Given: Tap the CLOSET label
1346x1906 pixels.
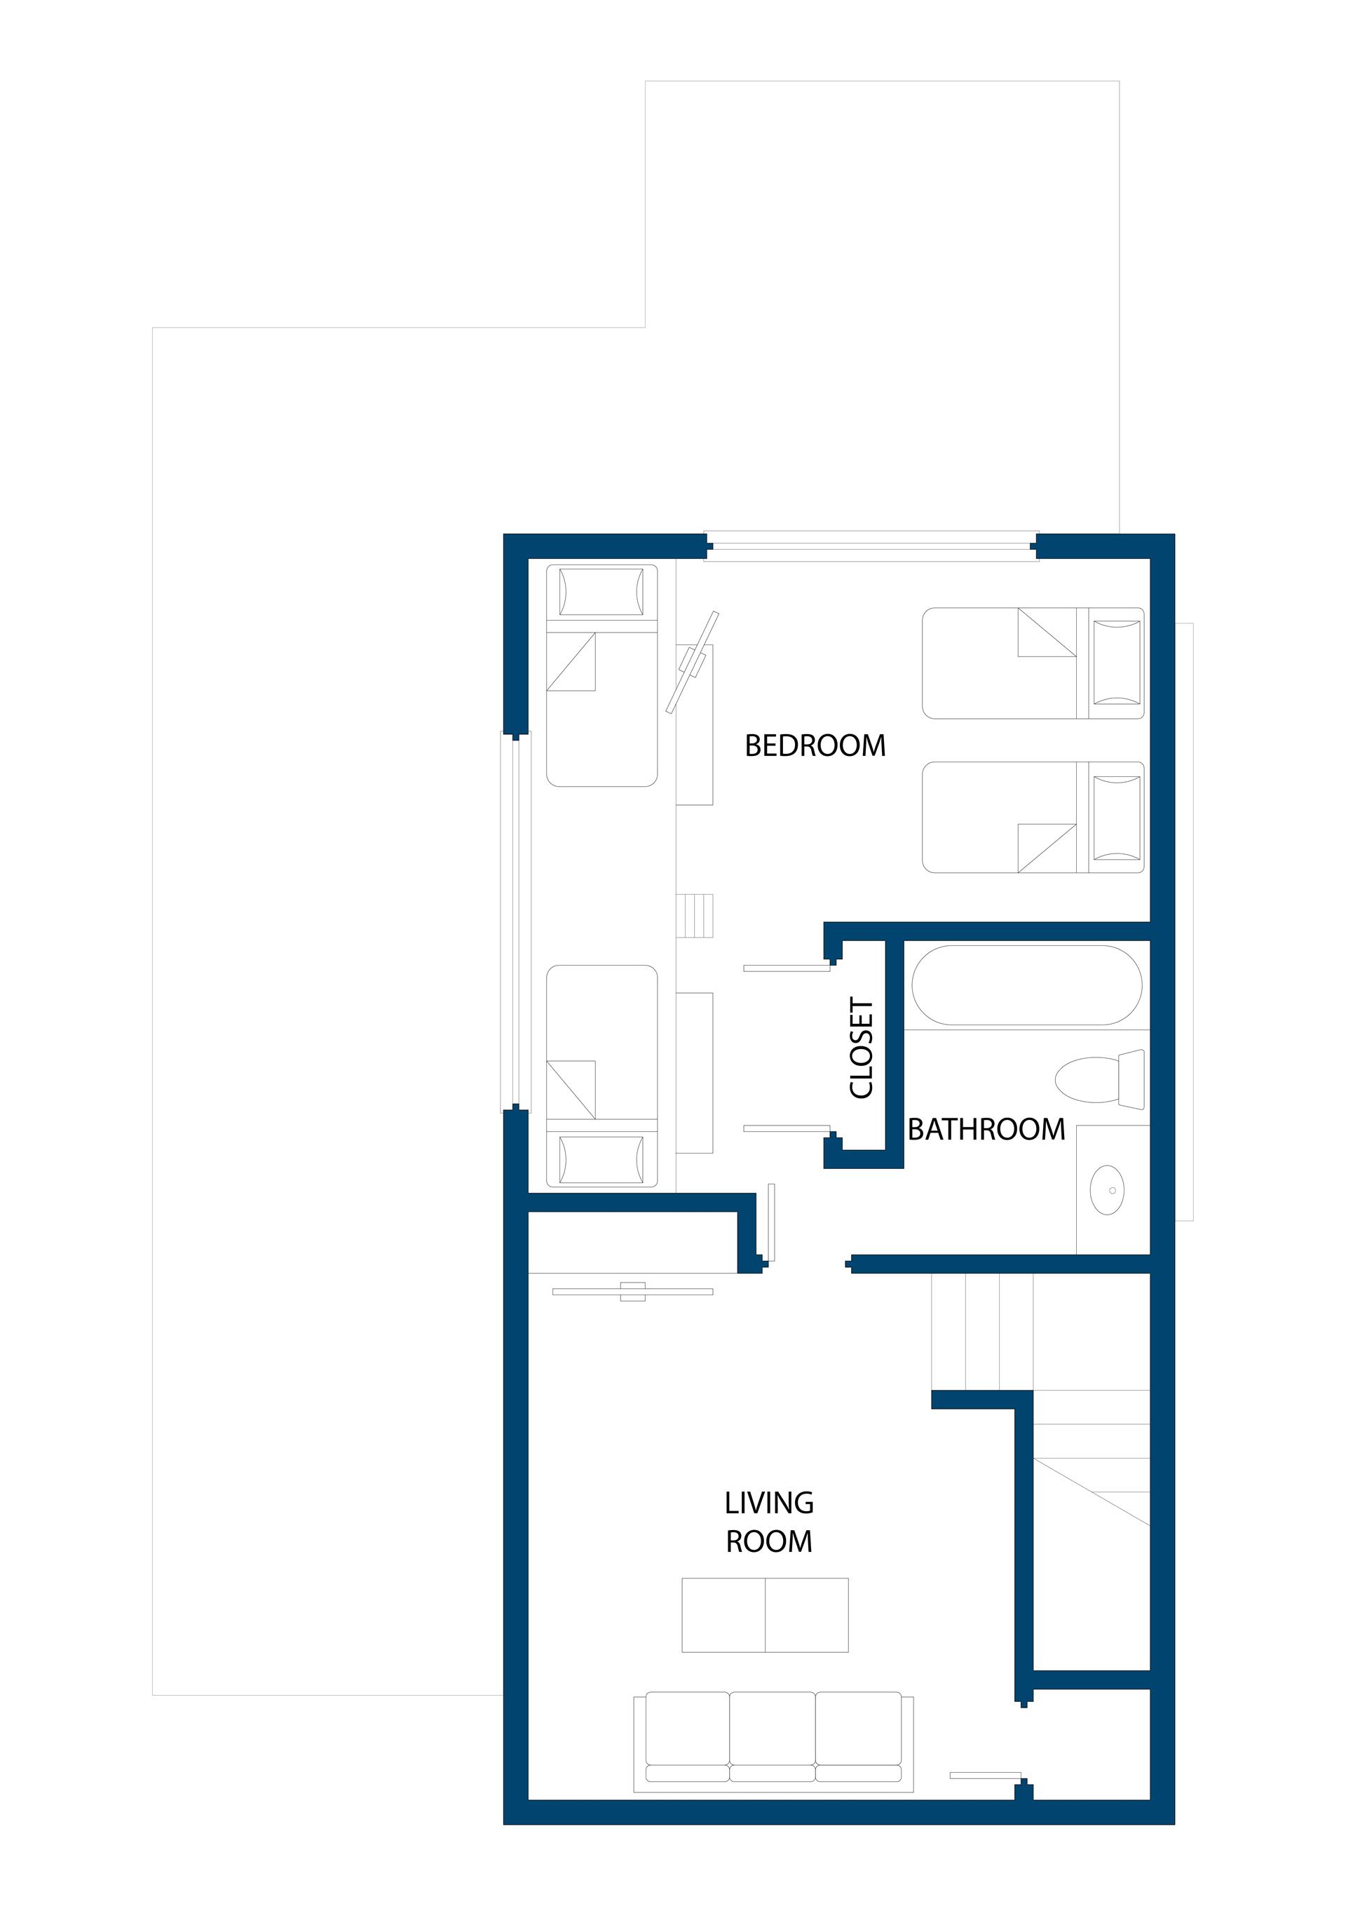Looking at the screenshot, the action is [x=862, y=1048].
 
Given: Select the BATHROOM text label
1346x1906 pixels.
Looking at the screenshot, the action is [x=986, y=1129].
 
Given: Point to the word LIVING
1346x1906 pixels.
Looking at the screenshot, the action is [x=769, y=1503].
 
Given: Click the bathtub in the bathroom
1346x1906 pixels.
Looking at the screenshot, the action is [x=1026, y=985].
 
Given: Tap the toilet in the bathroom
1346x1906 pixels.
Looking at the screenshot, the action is [x=1099, y=1079].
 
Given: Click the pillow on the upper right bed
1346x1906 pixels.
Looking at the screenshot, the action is [x=1117, y=663].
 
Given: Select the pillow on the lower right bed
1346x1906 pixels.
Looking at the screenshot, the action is [x=1117, y=818].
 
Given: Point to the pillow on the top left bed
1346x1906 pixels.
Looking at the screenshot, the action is [x=601, y=591].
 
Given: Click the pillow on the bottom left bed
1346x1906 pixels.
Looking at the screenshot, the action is [x=601, y=1160].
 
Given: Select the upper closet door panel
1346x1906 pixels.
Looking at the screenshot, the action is [x=787, y=968].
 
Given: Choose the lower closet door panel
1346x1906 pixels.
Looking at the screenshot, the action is [x=787, y=1128].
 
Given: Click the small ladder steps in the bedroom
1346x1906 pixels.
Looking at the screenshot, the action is [x=695, y=916].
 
